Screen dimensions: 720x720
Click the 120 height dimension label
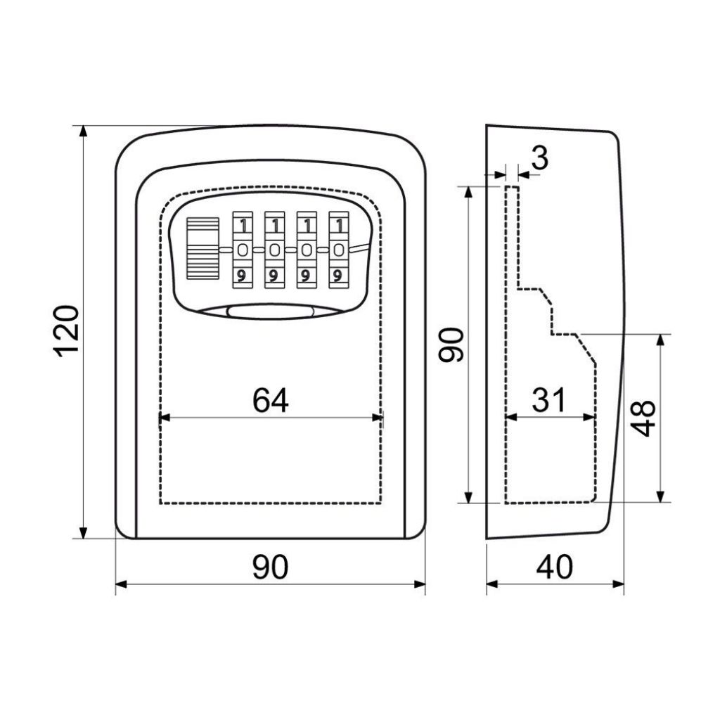click(x=67, y=331)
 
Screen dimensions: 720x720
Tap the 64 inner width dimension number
click(x=271, y=400)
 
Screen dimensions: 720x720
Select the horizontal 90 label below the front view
click(x=271, y=567)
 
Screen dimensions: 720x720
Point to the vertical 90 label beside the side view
click(x=452, y=345)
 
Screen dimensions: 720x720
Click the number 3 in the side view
click(x=541, y=158)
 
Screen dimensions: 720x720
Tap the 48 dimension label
click(x=643, y=418)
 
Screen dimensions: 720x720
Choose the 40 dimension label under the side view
click(x=555, y=567)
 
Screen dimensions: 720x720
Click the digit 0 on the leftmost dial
click(x=243, y=250)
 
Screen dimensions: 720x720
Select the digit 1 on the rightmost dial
click(x=340, y=226)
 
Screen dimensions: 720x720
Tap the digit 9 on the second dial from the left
click(x=274, y=276)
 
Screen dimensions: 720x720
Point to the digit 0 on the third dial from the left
click(x=307, y=250)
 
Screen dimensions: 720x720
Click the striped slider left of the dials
click(x=202, y=248)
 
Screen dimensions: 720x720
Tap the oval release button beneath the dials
click(x=271, y=311)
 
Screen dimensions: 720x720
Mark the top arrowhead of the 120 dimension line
click(x=83, y=131)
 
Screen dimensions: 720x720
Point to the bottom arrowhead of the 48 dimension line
click(x=661, y=496)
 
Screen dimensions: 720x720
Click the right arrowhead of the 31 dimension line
click(x=589, y=418)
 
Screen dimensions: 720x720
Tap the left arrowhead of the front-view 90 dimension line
click(x=121, y=584)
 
